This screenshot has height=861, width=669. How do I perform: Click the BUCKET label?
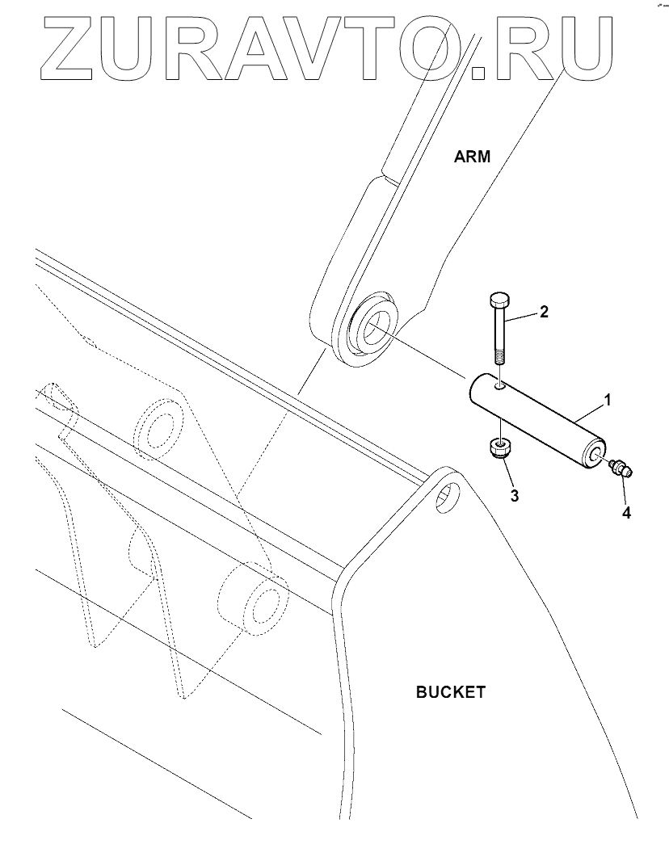click(450, 692)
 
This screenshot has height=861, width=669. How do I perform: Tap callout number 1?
click(608, 399)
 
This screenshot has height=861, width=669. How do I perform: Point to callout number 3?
click(514, 494)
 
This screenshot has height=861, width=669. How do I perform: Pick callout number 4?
click(626, 511)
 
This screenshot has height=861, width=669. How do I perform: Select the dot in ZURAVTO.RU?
click(479, 72)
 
